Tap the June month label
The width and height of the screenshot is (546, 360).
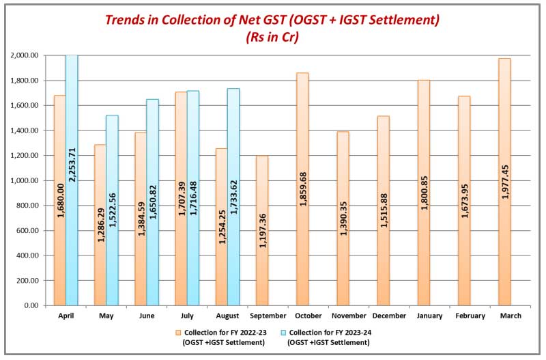[x=147, y=316]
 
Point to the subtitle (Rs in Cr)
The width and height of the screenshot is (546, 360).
[x=272, y=38]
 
